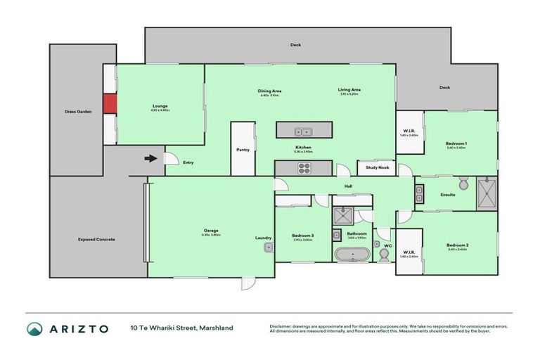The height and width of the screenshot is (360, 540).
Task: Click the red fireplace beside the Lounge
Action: tap(109, 104)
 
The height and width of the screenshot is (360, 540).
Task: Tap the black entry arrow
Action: tap(150, 158)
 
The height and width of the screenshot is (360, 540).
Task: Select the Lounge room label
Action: tap(160, 106)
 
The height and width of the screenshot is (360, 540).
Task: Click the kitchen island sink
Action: tap(304, 130)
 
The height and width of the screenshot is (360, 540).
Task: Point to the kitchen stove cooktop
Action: tap(304, 167)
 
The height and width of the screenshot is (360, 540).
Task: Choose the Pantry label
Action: tap(243, 149)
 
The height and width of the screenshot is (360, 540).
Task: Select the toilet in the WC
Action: tap(384, 255)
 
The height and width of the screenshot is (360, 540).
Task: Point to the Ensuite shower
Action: tap(487, 194)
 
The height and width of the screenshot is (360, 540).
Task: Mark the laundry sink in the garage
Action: tap(268, 247)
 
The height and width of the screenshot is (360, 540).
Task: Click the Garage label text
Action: tap(211, 231)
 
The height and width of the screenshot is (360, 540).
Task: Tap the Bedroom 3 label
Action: tap(303, 236)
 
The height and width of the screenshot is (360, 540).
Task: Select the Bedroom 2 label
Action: tap(457, 245)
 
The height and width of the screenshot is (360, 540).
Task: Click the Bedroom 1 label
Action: tap(456, 143)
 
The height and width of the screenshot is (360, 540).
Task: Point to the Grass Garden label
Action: tap(75, 111)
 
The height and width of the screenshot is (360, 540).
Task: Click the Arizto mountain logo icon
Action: tap(34, 328)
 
